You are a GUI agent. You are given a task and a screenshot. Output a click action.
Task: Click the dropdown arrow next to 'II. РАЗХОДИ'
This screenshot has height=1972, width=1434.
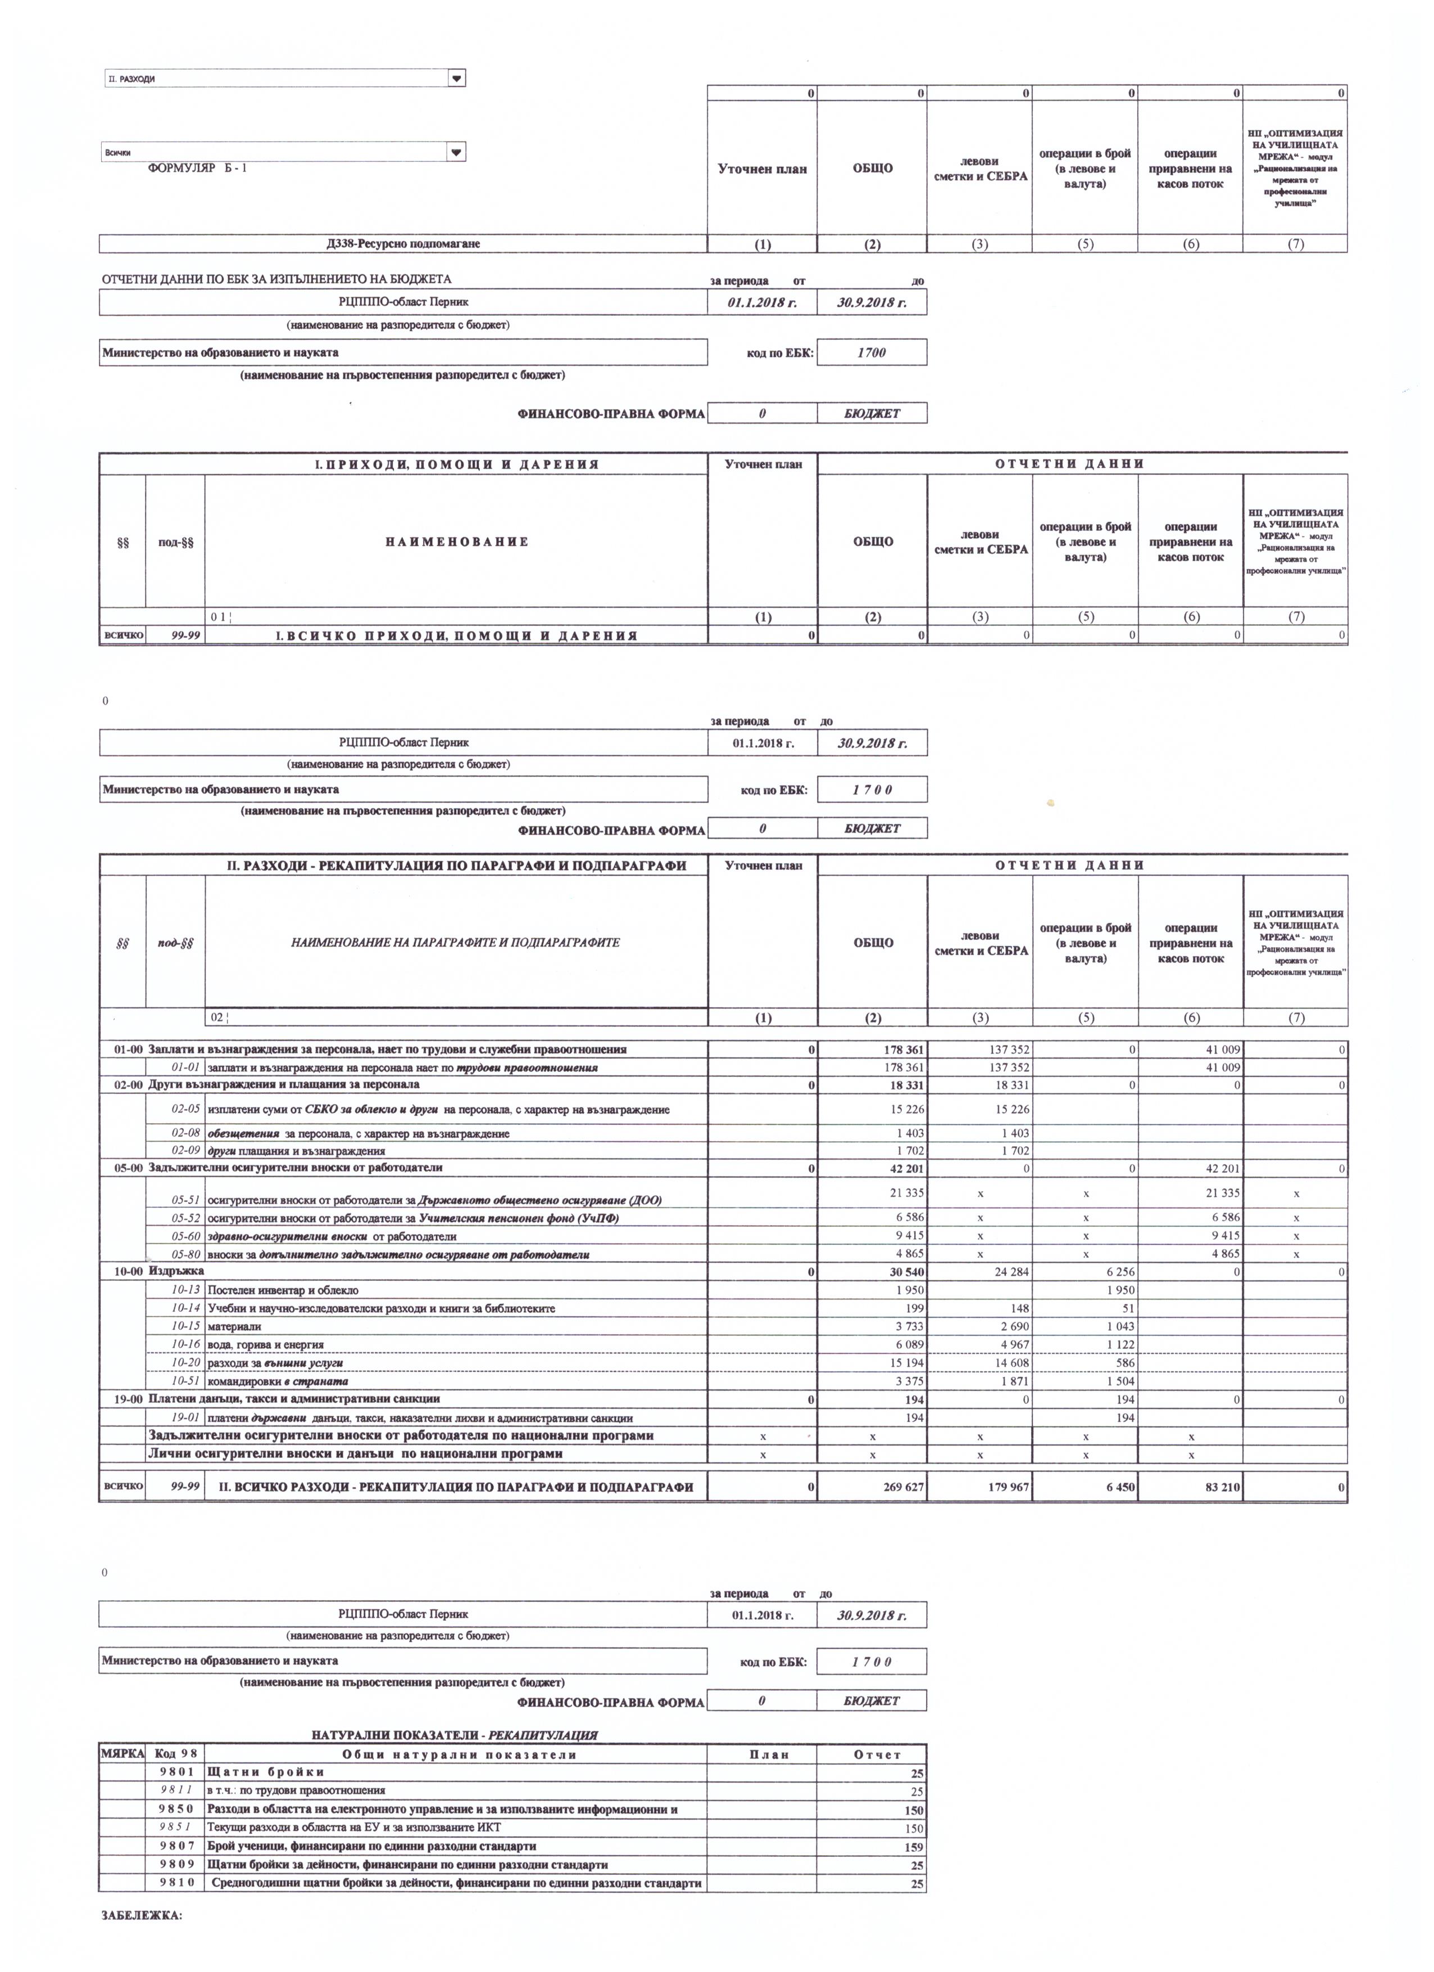[456, 78]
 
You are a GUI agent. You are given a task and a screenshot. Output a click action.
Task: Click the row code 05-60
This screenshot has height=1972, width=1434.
[185, 1235]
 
